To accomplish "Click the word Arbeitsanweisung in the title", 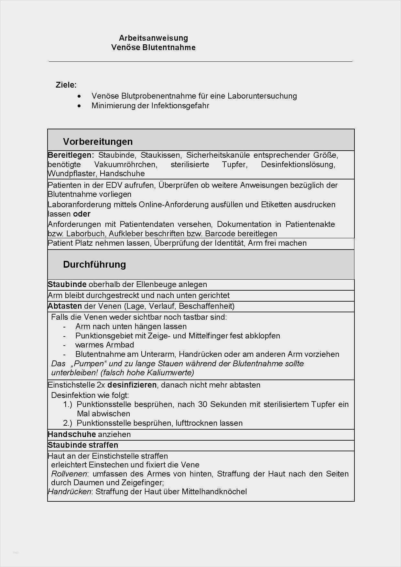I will point(153,38).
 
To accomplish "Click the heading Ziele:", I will point(66,85).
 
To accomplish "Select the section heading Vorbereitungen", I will point(98,142).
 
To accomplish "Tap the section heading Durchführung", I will point(94,264).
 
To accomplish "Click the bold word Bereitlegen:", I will point(71,155).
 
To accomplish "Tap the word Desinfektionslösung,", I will point(298,165).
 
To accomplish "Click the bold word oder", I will point(82,214).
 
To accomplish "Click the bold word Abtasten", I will point(65,306).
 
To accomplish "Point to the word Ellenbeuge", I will point(156,284).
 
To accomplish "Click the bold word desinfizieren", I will point(132,385).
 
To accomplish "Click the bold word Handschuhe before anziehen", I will point(72,434).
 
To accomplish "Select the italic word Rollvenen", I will point(69,474).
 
